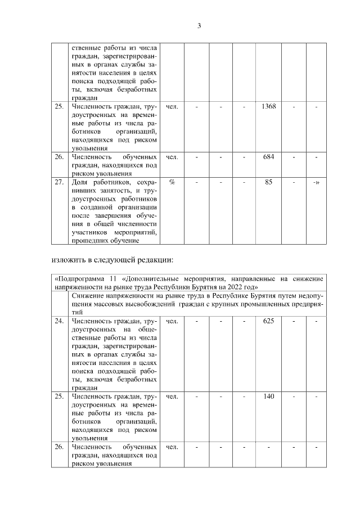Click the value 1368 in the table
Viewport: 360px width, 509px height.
268,106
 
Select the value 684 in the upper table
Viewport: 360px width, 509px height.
268,156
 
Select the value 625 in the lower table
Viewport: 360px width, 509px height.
268,321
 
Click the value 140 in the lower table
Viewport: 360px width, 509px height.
268,397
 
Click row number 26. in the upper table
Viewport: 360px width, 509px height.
58,156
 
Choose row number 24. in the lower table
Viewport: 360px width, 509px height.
58,321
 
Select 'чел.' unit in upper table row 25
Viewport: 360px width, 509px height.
172,106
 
